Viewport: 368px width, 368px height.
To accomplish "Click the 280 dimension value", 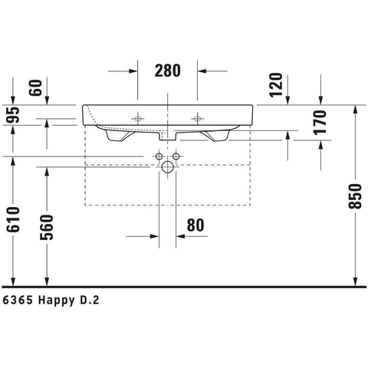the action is coord(168,71).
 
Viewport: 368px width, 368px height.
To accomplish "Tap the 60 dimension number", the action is coord(35,87).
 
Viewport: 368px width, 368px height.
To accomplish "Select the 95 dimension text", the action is coord(13,115).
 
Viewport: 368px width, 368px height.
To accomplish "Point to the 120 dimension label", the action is coord(276,85).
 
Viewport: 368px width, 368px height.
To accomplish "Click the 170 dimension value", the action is coord(320,123).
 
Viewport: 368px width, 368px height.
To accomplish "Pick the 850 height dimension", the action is coord(356,196).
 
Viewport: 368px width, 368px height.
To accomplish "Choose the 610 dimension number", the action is coord(13,219).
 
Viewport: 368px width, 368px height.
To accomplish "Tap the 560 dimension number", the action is coord(47,228).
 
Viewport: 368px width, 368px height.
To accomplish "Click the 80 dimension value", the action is coord(195,225).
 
